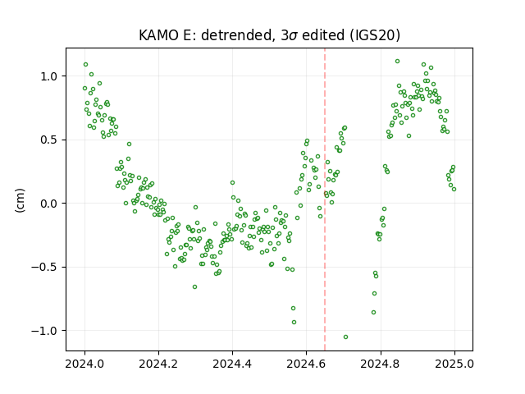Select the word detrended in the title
tap(235, 35)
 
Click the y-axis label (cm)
tap(20, 200)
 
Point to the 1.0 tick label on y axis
tap(48, 76)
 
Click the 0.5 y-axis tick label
tap(48, 140)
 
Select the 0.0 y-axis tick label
tap(48, 204)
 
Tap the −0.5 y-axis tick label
tap(44, 267)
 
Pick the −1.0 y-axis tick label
tap(44, 331)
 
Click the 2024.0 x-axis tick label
tap(84, 364)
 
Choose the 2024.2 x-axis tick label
tap(158, 364)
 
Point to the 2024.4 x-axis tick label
tap(232, 364)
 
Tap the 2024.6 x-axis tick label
tap(306, 364)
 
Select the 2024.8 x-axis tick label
tap(381, 364)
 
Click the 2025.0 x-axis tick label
tap(454, 364)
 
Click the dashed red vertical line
tap(325, 199)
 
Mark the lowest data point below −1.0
tap(345, 337)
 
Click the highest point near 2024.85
tap(397, 61)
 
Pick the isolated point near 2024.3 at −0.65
tap(194, 286)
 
